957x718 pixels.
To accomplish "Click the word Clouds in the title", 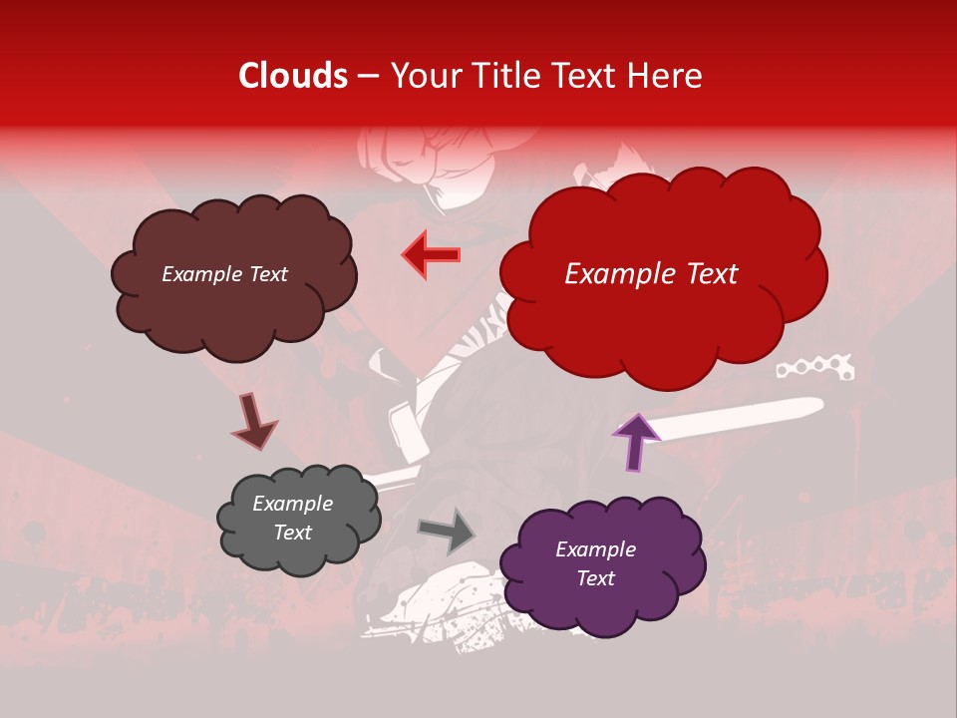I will pyautogui.click(x=293, y=76).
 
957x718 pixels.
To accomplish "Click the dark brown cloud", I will pyautogui.click(x=233, y=299).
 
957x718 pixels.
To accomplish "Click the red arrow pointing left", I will pyautogui.click(x=432, y=254).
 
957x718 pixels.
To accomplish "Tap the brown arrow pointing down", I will pyautogui.click(x=253, y=421).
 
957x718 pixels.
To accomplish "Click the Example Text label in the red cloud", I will pyautogui.click(x=651, y=274).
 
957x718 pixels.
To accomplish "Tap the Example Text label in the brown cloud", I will pyautogui.click(x=224, y=274).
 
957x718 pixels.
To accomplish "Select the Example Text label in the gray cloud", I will pyautogui.click(x=292, y=519).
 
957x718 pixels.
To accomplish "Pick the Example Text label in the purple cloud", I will pyautogui.click(x=595, y=563).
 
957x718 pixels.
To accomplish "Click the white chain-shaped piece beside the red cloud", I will pyautogui.click(x=814, y=368).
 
